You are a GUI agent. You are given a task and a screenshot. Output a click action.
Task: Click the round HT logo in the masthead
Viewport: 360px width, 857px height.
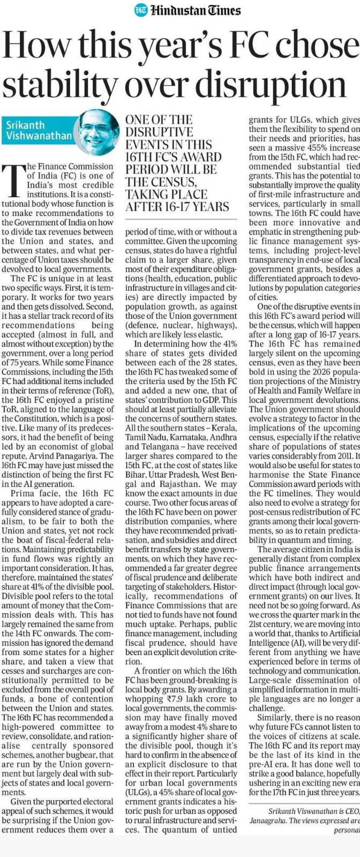pos(141,9)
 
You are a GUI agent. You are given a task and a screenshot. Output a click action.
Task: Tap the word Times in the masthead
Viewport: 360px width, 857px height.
pos(220,10)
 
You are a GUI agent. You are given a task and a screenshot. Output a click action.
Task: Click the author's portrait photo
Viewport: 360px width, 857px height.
pos(100,131)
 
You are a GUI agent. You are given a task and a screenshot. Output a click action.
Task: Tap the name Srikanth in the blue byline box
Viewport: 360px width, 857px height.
pos(25,125)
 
